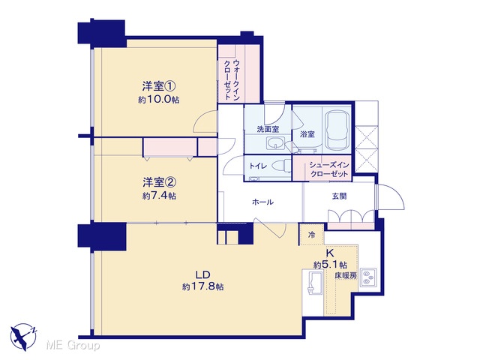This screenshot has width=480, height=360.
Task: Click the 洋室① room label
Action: pos(159,86)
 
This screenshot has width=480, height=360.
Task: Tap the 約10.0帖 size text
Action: pos(158,100)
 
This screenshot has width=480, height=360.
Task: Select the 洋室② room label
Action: pos(159,182)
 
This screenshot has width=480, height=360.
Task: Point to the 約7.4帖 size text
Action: pos(159,196)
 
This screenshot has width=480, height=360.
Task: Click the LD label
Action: pos(202,274)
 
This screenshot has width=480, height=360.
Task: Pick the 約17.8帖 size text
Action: pos(202,286)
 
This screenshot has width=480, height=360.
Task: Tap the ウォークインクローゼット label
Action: pos(232,79)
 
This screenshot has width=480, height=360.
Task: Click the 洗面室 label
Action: pos(268,129)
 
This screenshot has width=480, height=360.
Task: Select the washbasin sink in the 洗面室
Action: pos(275,143)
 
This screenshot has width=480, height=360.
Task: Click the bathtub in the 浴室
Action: pos(337,130)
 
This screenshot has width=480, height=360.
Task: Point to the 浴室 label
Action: pos(307,134)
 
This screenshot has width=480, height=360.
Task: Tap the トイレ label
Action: pos(258,166)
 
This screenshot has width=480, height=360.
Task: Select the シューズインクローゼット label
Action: pos(329,169)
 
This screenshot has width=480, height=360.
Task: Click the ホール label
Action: pos(262,202)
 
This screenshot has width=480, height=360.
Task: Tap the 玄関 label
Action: pos(339,196)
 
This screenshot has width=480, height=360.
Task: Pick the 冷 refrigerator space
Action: pos(311,235)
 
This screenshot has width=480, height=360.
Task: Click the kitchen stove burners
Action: pos(367,277)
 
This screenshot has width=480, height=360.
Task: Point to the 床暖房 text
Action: pos(346,275)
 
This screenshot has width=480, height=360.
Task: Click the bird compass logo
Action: pos(23,337)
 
